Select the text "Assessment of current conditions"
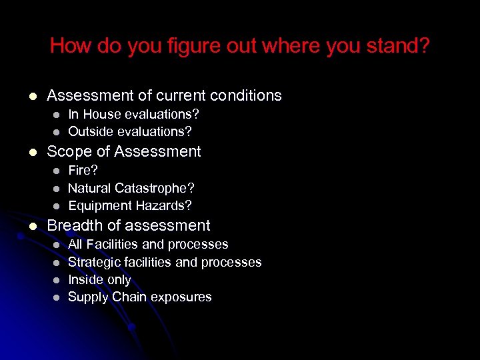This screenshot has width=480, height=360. pos(164,95)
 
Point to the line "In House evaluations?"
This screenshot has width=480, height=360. pos(133,115)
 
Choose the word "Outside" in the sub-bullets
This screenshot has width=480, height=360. pos(91,131)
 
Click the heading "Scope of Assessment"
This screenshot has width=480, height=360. pos(123,151)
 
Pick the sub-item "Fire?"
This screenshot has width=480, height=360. pos(83,171)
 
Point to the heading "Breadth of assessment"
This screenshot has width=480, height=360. pos(128,226)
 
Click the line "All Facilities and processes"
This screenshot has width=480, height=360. pos(148,245)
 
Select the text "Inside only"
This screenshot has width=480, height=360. pos(99,279)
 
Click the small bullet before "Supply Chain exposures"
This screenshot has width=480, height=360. pos(57,297)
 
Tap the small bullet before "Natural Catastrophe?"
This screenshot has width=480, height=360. pos(57,188)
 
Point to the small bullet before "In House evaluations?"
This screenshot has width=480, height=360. pos(57,115)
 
